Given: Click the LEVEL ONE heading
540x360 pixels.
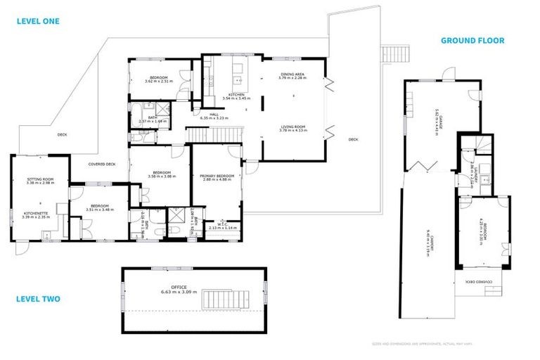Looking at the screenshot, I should tap(39, 21).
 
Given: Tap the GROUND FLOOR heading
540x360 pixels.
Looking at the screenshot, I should tap(472, 40).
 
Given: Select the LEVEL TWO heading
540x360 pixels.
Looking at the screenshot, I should tap(38, 299).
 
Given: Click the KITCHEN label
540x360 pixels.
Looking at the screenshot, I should tap(236, 94).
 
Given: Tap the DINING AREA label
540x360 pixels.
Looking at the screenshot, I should tap(292, 74).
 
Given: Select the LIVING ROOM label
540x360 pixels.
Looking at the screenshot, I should tap(292, 127).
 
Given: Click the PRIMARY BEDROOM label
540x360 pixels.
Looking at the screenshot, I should tap(217, 176).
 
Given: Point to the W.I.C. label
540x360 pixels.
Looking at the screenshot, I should tap(219, 224).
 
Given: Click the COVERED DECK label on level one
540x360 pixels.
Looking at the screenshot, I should tap(102, 164).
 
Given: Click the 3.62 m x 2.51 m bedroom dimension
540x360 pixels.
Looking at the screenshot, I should tap(158, 82).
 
